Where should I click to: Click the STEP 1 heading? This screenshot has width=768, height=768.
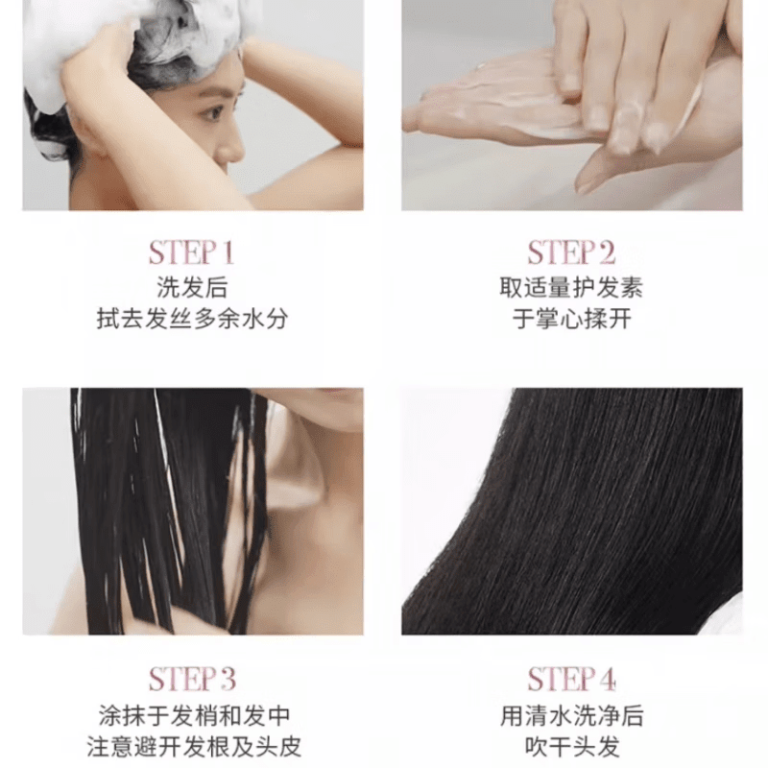[x=191, y=253]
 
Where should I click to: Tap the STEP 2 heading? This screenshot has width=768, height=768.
[x=571, y=253]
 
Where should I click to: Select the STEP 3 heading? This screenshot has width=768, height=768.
[x=191, y=680]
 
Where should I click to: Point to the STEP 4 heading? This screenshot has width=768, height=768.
[x=571, y=680]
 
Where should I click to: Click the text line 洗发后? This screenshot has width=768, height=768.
[x=192, y=287]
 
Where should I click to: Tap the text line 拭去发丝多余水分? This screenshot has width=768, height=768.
[x=192, y=320]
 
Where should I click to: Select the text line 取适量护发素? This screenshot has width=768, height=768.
[x=571, y=287]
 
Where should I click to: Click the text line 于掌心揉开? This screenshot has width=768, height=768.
[x=571, y=320]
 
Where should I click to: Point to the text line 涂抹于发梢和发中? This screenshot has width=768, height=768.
[x=192, y=715]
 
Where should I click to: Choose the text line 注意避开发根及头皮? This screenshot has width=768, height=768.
[x=192, y=747]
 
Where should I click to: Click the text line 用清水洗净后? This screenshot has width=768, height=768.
[x=571, y=715]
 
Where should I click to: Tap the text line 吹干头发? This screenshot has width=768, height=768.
[x=571, y=747]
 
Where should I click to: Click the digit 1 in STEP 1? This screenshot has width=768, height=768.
[x=227, y=253]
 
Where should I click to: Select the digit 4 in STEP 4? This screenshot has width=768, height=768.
[x=608, y=680]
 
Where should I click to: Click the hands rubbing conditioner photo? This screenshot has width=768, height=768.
[x=571, y=106]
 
